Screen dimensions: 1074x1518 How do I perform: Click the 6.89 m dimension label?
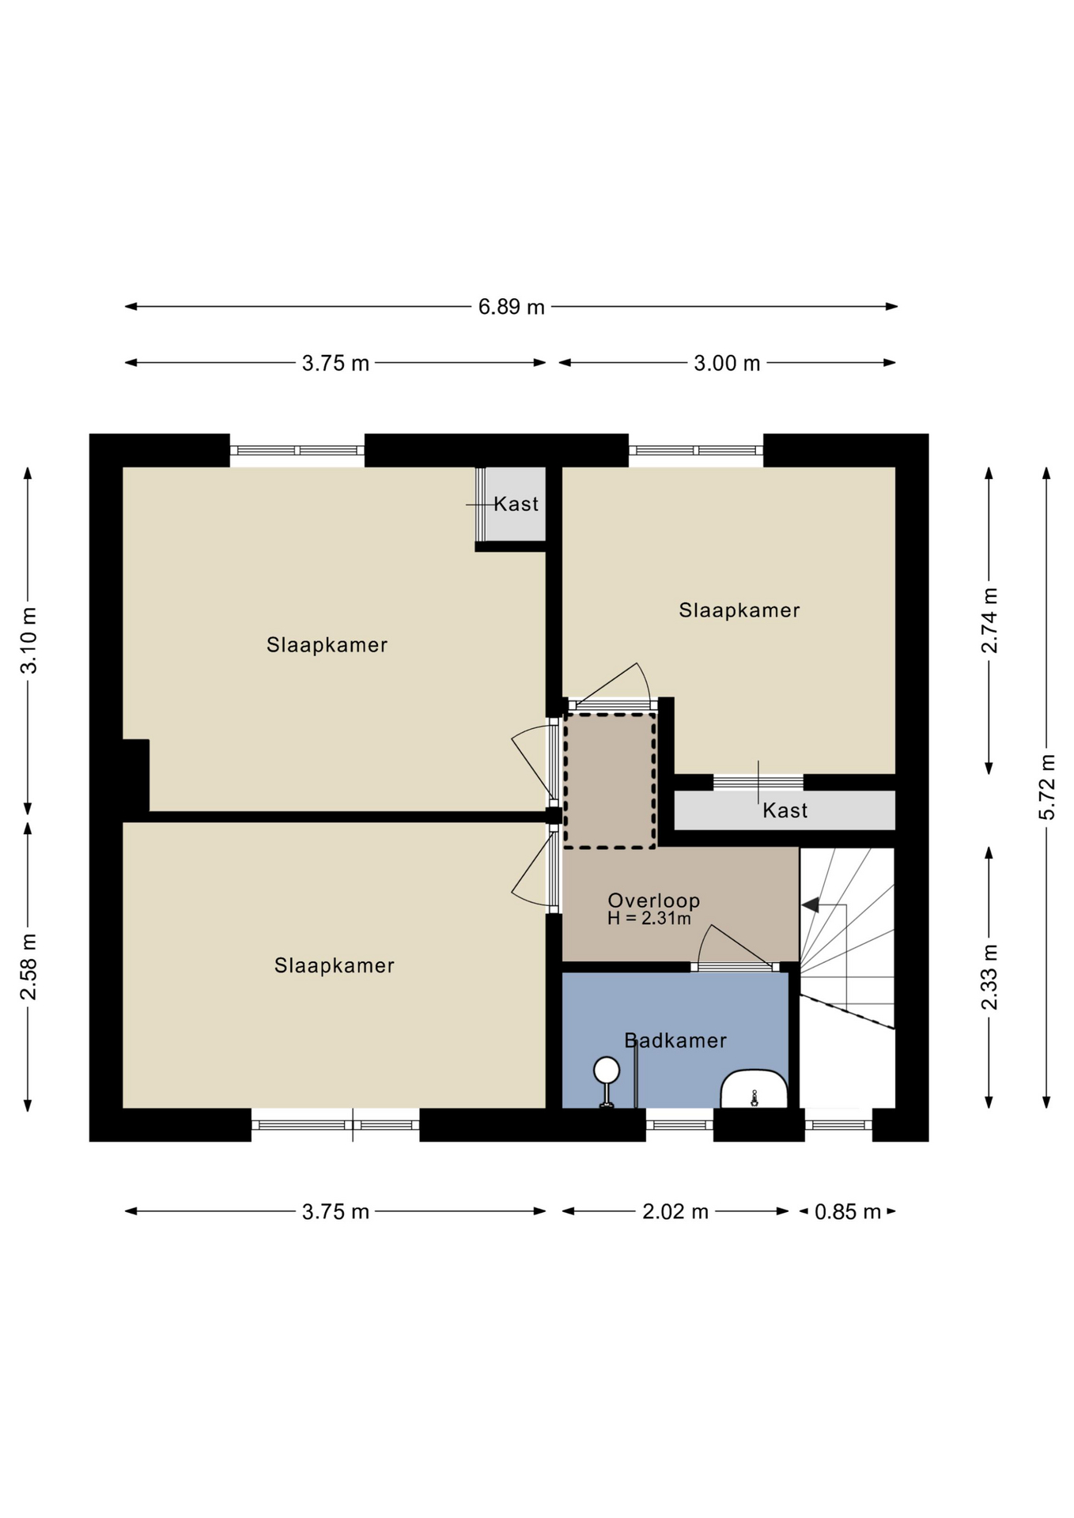511,307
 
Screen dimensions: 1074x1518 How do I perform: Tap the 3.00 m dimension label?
727,363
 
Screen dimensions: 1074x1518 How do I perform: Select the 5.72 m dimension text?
1047,787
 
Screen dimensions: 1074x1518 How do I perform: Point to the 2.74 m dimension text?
989,621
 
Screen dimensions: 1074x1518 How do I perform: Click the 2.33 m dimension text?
989,977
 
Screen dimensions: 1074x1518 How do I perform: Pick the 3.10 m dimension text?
28,640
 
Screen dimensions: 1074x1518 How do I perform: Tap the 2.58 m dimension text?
28,967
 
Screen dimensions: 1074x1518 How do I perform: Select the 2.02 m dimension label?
675,1211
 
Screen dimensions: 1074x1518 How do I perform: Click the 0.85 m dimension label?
848,1211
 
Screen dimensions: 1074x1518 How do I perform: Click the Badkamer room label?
675,1040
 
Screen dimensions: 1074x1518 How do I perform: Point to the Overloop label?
654,901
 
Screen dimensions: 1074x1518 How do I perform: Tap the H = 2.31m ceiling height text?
649,919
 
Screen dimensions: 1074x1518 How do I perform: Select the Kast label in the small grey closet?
516,504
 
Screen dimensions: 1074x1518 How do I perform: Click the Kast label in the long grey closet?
785,810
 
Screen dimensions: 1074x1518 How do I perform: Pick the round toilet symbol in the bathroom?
607,1071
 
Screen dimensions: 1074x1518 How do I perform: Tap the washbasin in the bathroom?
754,1089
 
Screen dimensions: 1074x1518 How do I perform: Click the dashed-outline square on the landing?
609,781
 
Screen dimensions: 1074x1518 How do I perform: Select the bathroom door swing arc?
702,942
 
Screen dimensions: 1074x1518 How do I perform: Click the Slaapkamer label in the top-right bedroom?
739,610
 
